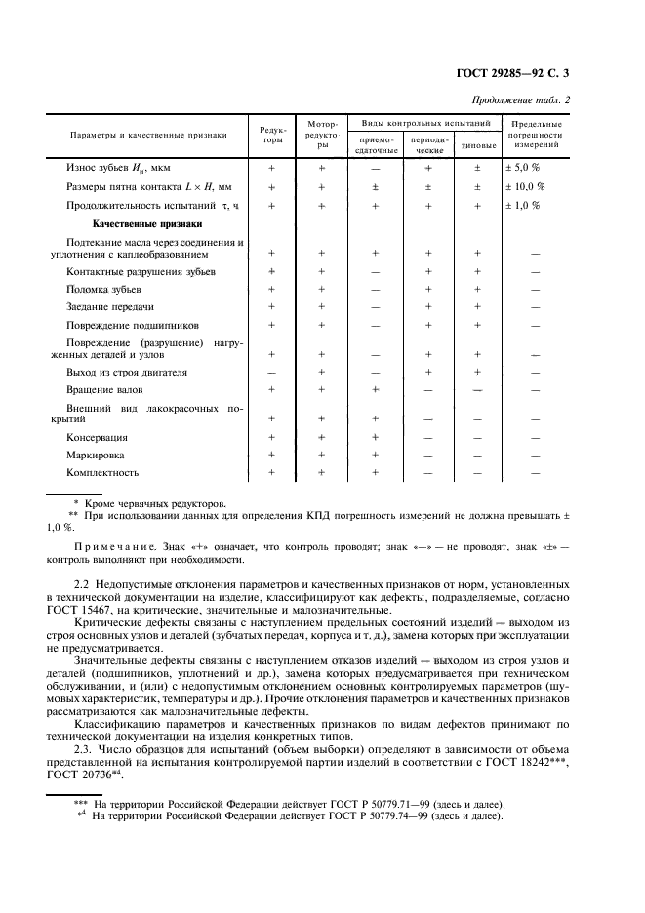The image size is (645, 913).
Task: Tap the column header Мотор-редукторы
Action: coord(322,136)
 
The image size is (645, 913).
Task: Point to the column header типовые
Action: coord(478,146)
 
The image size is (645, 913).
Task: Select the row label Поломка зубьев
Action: coord(104,290)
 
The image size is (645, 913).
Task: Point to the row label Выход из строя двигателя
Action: coord(127,373)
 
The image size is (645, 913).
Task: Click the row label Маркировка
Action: coord(97,456)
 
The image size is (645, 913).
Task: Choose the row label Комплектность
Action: coord(103,472)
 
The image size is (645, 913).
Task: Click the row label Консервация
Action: coord(98,438)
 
